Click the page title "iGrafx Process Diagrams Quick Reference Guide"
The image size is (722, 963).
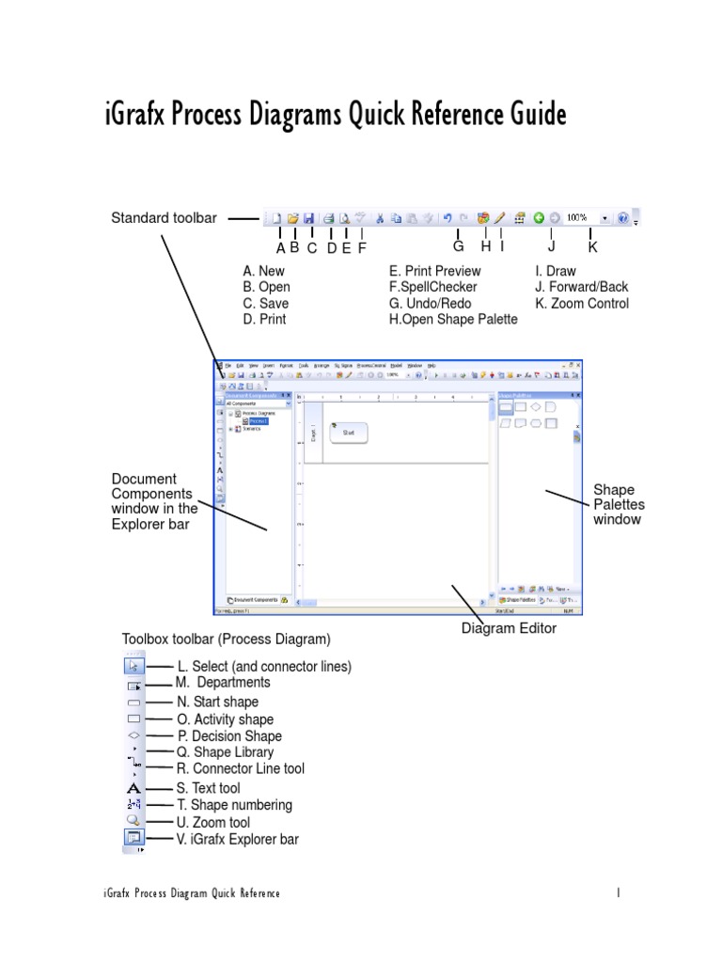pyautogui.click(x=335, y=115)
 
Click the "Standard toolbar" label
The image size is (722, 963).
pyautogui.click(x=164, y=218)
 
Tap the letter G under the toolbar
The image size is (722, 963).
pyautogui.click(x=458, y=246)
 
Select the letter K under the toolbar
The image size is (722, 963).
pyautogui.click(x=592, y=247)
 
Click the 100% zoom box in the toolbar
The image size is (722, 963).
pyautogui.click(x=579, y=217)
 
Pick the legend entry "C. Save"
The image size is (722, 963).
pyautogui.click(x=266, y=303)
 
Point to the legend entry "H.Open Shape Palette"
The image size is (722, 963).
pyautogui.click(x=453, y=319)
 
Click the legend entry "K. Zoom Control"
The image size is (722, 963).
pyautogui.click(x=582, y=303)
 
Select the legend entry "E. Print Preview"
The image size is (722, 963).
pyautogui.click(x=435, y=271)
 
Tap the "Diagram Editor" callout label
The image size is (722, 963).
pyautogui.click(x=509, y=628)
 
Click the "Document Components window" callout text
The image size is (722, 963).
pyautogui.click(x=154, y=501)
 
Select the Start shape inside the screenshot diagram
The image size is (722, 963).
pyautogui.click(x=349, y=433)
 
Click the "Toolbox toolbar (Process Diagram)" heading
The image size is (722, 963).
pyautogui.click(x=227, y=639)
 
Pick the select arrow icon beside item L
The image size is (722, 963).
pyautogui.click(x=133, y=667)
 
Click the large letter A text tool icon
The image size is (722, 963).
pyautogui.click(x=133, y=788)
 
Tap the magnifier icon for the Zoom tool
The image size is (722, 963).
pyautogui.click(x=133, y=821)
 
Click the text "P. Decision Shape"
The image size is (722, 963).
pyautogui.click(x=229, y=736)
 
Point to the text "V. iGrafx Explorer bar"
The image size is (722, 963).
pyautogui.click(x=238, y=839)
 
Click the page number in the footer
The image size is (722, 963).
pyautogui.click(x=619, y=892)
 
